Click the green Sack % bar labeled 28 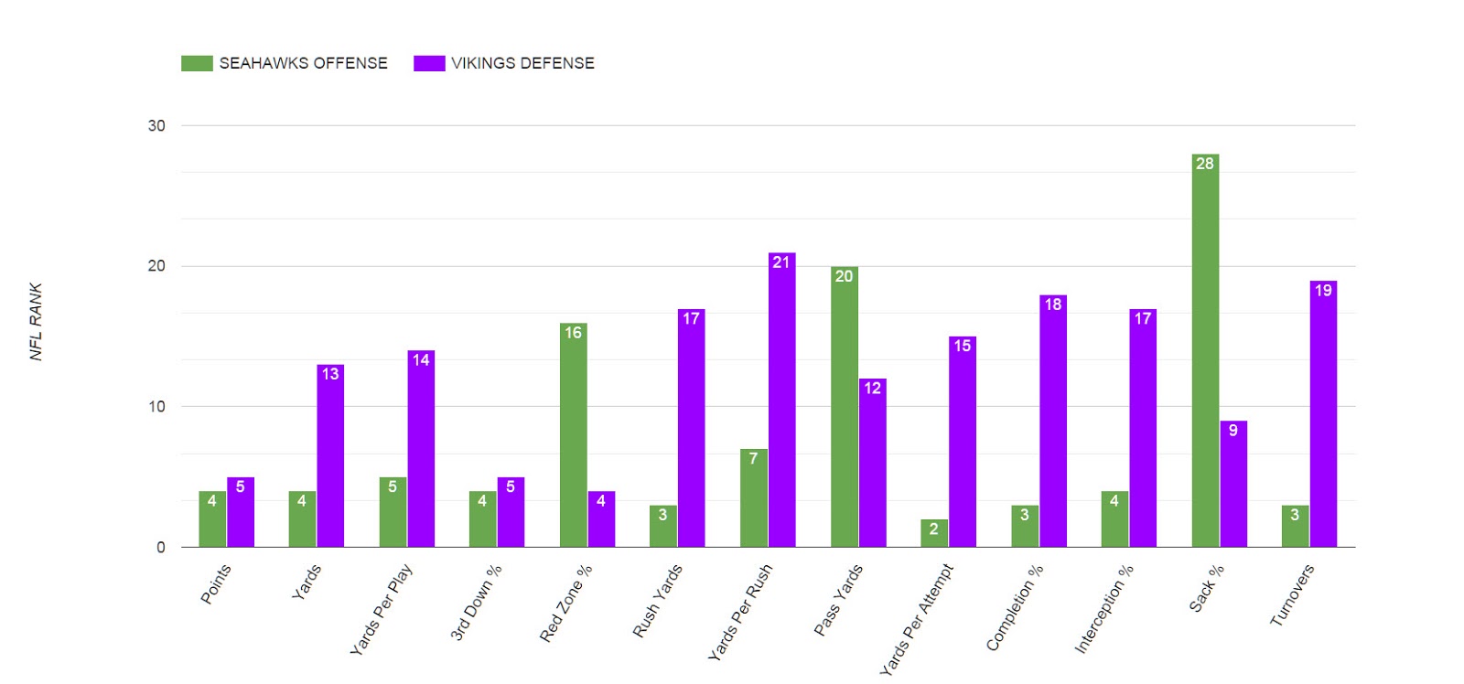pyautogui.click(x=1205, y=352)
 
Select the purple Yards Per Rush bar pyautogui.click(x=781, y=402)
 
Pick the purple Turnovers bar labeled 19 pyautogui.click(x=1323, y=416)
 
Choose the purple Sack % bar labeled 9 pyautogui.click(x=1233, y=485)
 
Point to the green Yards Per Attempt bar pyautogui.click(x=933, y=533)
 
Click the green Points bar pyautogui.click(x=212, y=519)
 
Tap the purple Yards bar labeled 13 pyautogui.click(x=330, y=457)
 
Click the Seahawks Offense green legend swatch pyautogui.click(x=197, y=63)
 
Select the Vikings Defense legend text pyautogui.click(x=522, y=63)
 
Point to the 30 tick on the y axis pyautogui.click(x=156, y=125)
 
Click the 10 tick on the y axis pyautogui.click(x=156, y=407)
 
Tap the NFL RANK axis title pyautogui.click(x=36, y=321)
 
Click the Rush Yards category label pyautogui.click(x=658, y=601)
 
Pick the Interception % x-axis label pyautogui.click(x=1104, y=608)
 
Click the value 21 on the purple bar pyautogui.click(x=780, y=262)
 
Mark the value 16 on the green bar pyautogui.click(x=573, y=333)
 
